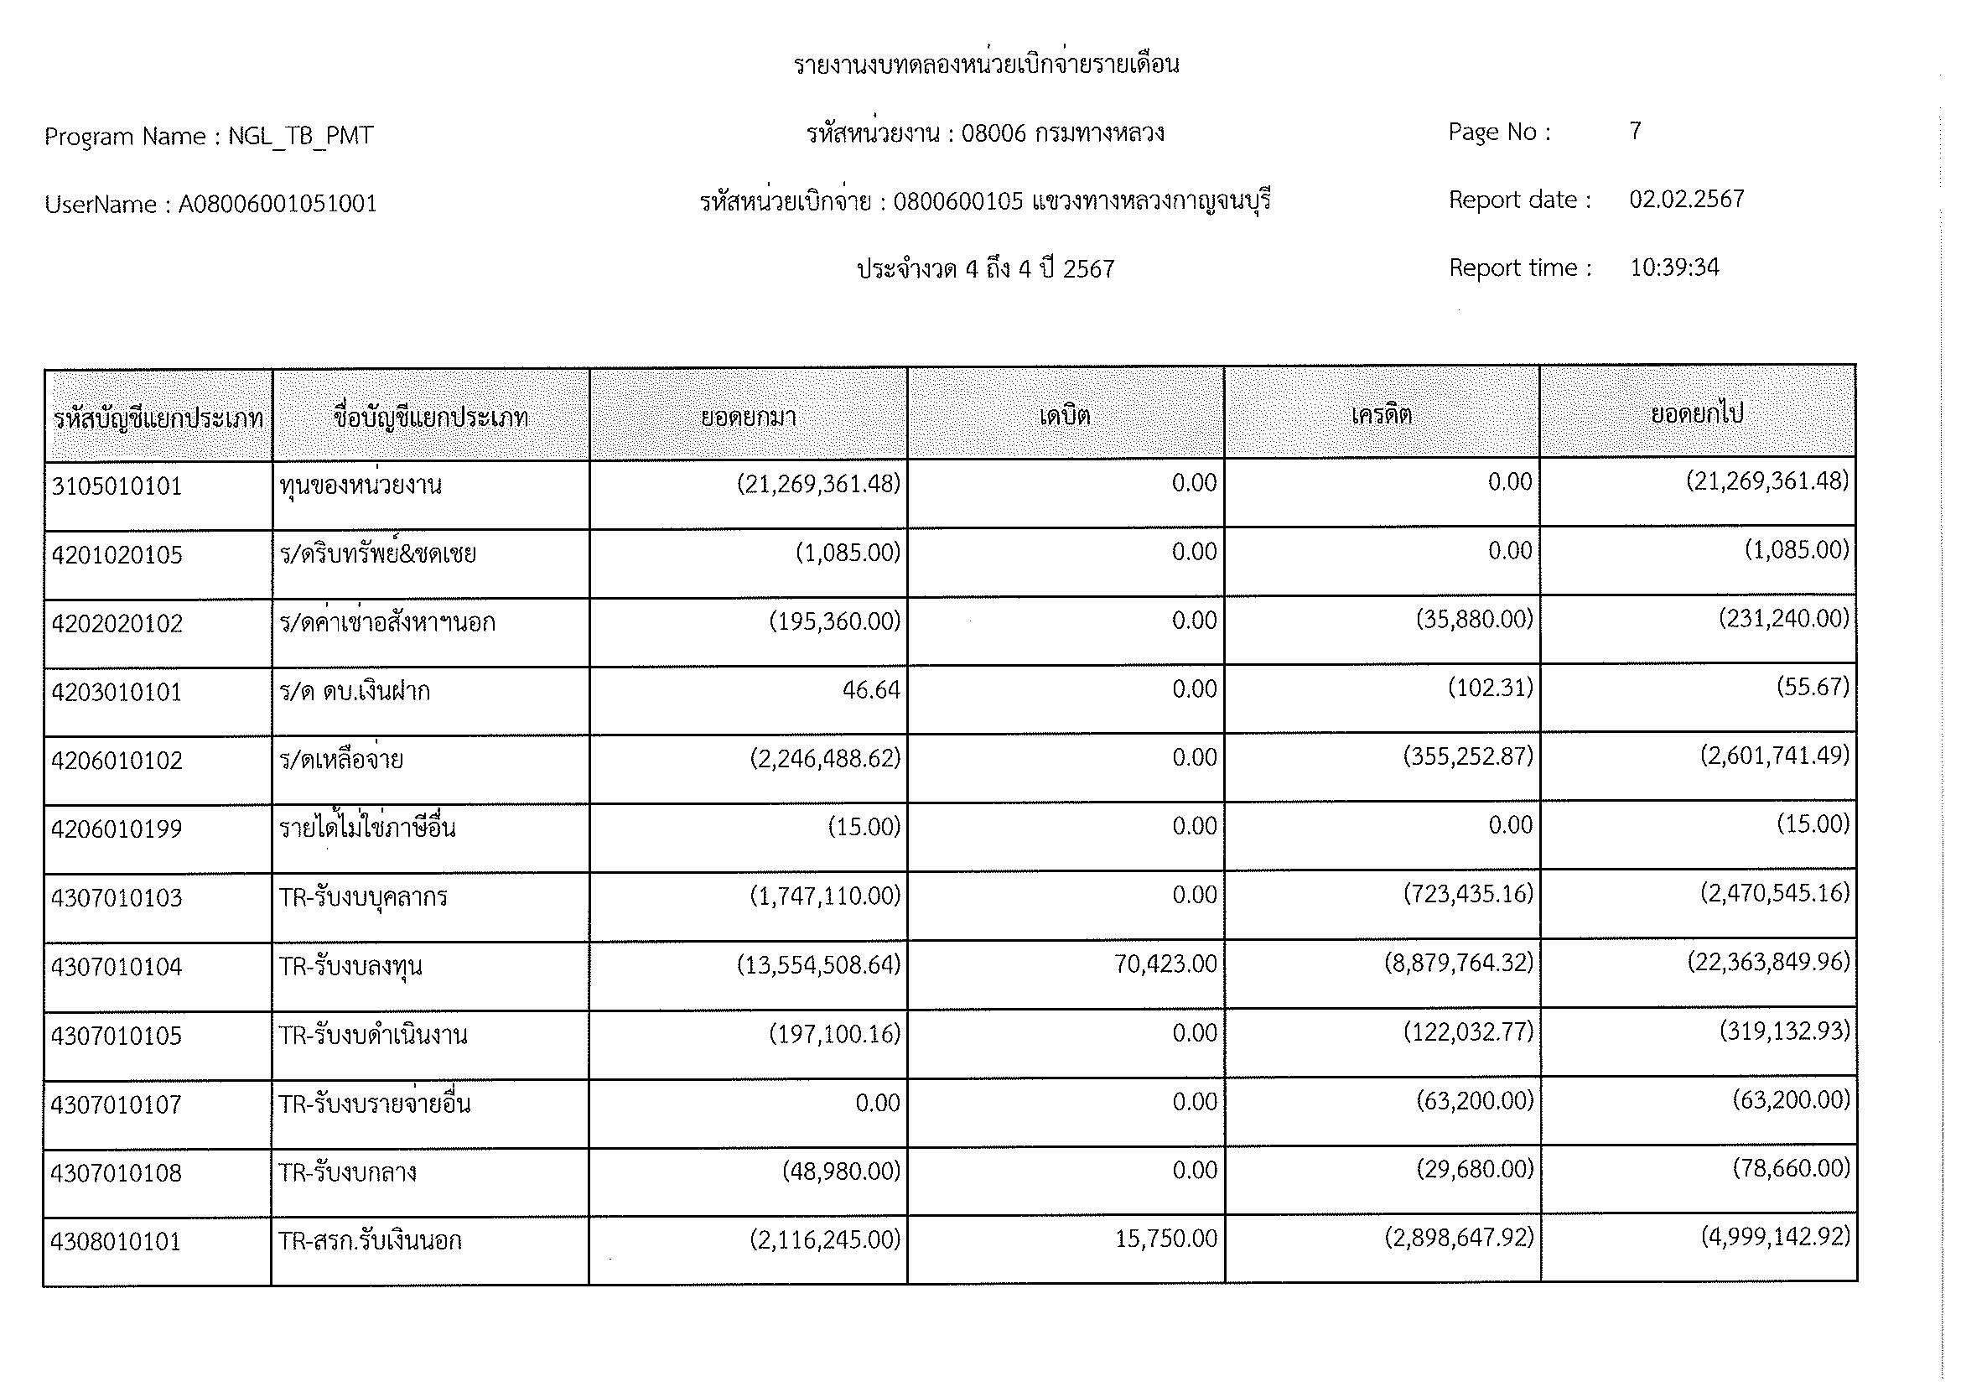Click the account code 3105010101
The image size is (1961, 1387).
point(117,486)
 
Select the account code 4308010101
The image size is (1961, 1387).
point(117,1241)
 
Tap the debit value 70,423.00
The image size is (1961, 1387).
point(1165,964)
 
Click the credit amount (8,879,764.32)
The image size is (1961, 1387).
point(1458,963)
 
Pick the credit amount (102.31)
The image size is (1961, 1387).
point(1490,688)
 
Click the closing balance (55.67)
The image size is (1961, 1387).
point(1813,687)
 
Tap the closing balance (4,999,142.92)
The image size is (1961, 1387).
point(1775,1236)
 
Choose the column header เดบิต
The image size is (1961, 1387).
point(1064,416)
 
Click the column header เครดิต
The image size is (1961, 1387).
point(1381,415)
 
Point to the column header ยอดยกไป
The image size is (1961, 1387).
point(1696,414)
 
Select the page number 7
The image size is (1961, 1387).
point(1635,131)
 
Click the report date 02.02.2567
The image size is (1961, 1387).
point(1686,199)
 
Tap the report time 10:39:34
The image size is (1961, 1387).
point(1674,268)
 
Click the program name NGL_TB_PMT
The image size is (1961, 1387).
point(300,136)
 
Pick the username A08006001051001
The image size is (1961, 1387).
point(277,204)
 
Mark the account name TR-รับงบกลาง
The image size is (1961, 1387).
point(348,1172)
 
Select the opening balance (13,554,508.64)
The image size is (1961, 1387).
point(818,965)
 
